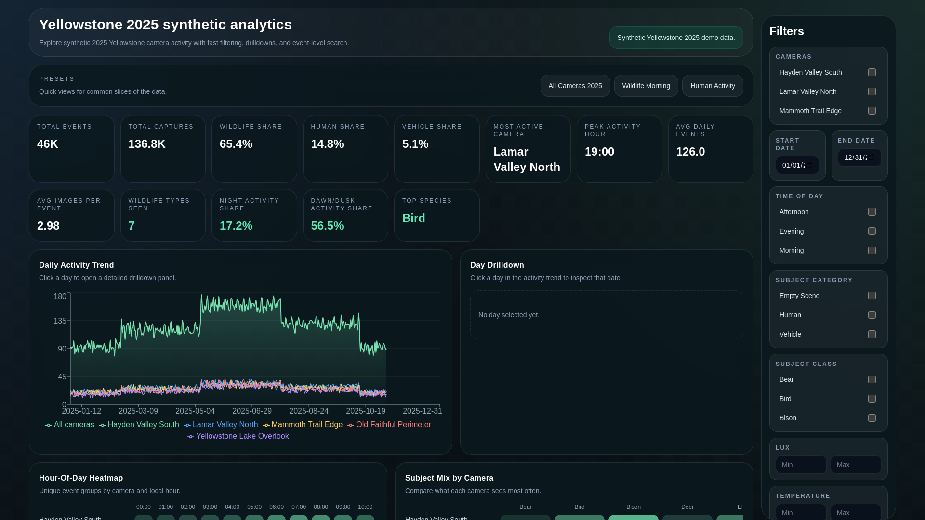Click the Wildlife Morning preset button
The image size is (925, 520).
click(646, 86)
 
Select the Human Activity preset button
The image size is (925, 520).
click(712, 86)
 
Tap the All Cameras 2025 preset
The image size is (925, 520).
click(575, 86)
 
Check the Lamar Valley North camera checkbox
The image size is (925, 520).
click(872, 91)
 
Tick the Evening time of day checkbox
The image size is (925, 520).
click(872, 231)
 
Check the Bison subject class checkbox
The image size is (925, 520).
click(872, 418)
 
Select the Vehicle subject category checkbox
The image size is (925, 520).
click(872, 334)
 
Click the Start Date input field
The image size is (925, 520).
click(797, 165)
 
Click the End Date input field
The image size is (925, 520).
click(859, 157)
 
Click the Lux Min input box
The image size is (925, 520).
click(801, 465)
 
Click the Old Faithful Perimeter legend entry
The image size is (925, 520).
click(389, 425)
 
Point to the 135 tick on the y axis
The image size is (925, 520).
click(60, 321)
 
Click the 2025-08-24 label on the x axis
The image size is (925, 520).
click(309, 411)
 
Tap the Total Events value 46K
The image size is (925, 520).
click(48, 144)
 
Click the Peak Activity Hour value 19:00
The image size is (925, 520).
click(599, 152)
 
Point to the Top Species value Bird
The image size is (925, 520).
click(413, 218)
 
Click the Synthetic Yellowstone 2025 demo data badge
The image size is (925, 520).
click(676, 38)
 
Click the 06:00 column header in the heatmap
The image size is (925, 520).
click(277, 507)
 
